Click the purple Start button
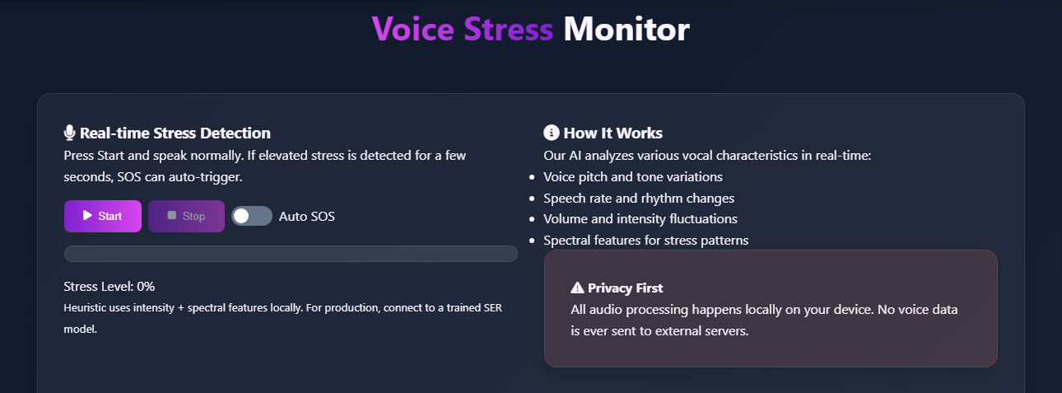103,216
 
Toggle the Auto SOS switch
251,216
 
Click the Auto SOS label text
307,217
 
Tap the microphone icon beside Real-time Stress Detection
70,133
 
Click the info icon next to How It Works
552,133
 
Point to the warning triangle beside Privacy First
577,288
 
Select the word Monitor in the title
626,30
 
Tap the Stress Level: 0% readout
109,287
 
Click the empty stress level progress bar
291,254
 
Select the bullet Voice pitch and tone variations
633,176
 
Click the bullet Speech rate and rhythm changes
639,198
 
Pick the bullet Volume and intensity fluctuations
640,219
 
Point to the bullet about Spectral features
646,241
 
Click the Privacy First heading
625,288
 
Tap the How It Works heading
613,133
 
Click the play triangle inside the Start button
87,216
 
